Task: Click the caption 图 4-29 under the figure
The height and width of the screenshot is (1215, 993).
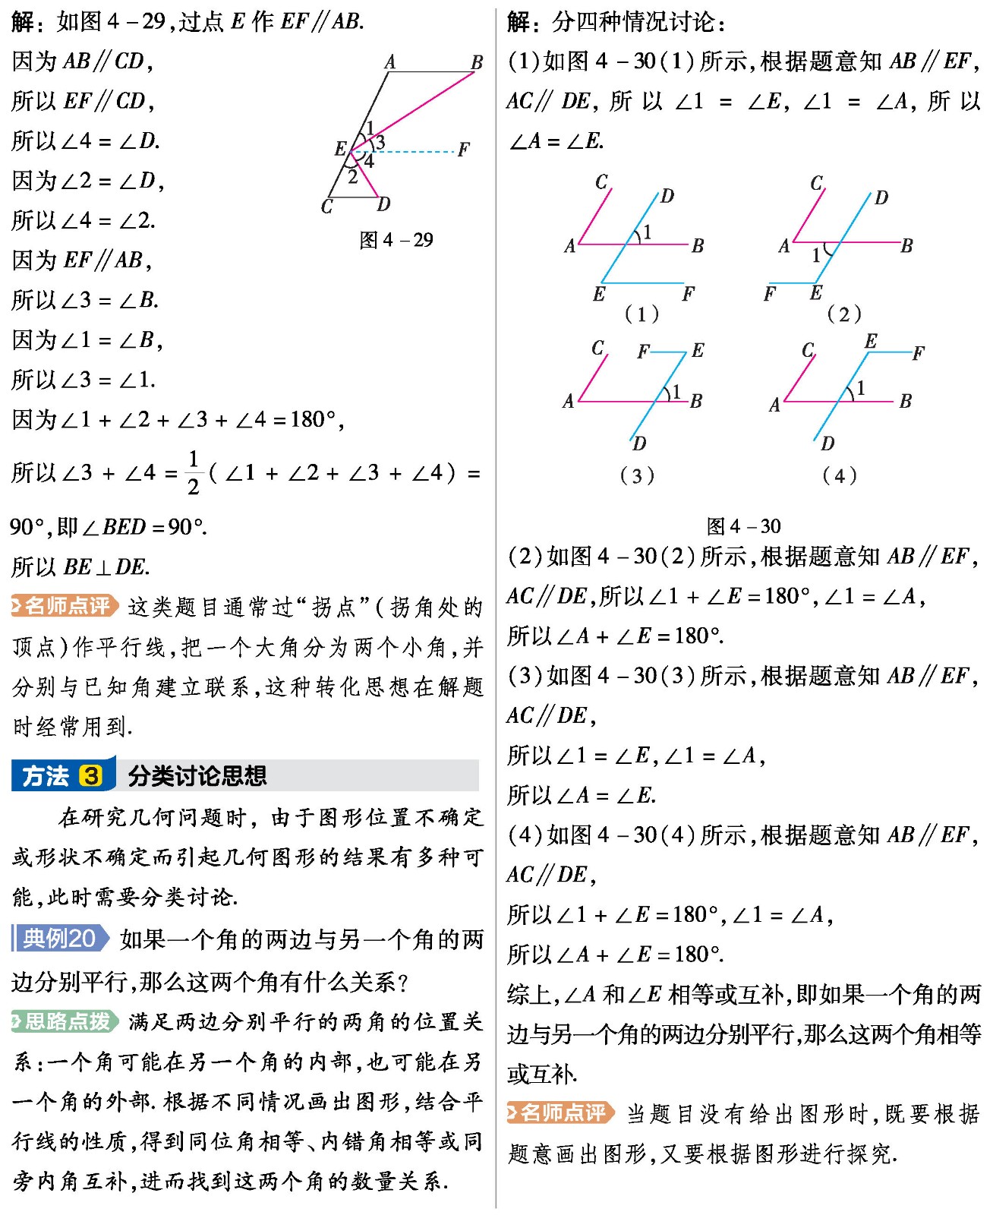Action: tap(396, 240)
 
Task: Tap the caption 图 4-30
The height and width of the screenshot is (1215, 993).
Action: tap(743, 526)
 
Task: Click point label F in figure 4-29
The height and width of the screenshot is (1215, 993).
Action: tap(463, 150)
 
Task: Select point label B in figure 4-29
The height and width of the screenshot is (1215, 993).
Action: tap(477, 63)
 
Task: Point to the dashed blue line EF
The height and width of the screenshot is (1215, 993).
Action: tap(414, 152)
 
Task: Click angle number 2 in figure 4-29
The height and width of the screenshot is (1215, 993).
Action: tap(353, 177)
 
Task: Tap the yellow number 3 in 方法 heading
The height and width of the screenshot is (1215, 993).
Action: tap(91, 776)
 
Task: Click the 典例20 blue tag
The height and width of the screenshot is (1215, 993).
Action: tap(60, 939)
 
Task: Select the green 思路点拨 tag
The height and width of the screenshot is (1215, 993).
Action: tap(65, 1021)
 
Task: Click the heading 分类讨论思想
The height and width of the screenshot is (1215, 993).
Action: tap(197, 776)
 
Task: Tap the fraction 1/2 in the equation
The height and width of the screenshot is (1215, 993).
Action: tap(194, 472)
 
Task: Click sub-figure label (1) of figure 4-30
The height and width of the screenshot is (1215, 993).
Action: tap(641, 314)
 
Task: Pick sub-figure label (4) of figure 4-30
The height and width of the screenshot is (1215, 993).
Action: tap(839, 476)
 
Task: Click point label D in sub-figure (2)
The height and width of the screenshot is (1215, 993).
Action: tap(881, 198)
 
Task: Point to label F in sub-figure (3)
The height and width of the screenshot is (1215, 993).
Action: tap(643, 351)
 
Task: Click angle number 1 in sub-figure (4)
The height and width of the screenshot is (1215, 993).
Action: tap(860, 389)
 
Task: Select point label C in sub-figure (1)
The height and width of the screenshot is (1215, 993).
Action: tap(601, 182)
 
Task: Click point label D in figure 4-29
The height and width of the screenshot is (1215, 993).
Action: tap(384, 204)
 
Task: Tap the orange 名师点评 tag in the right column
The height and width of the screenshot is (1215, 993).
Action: tap(561, 1113)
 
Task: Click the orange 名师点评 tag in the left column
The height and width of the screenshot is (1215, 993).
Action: tap(65, 606)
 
